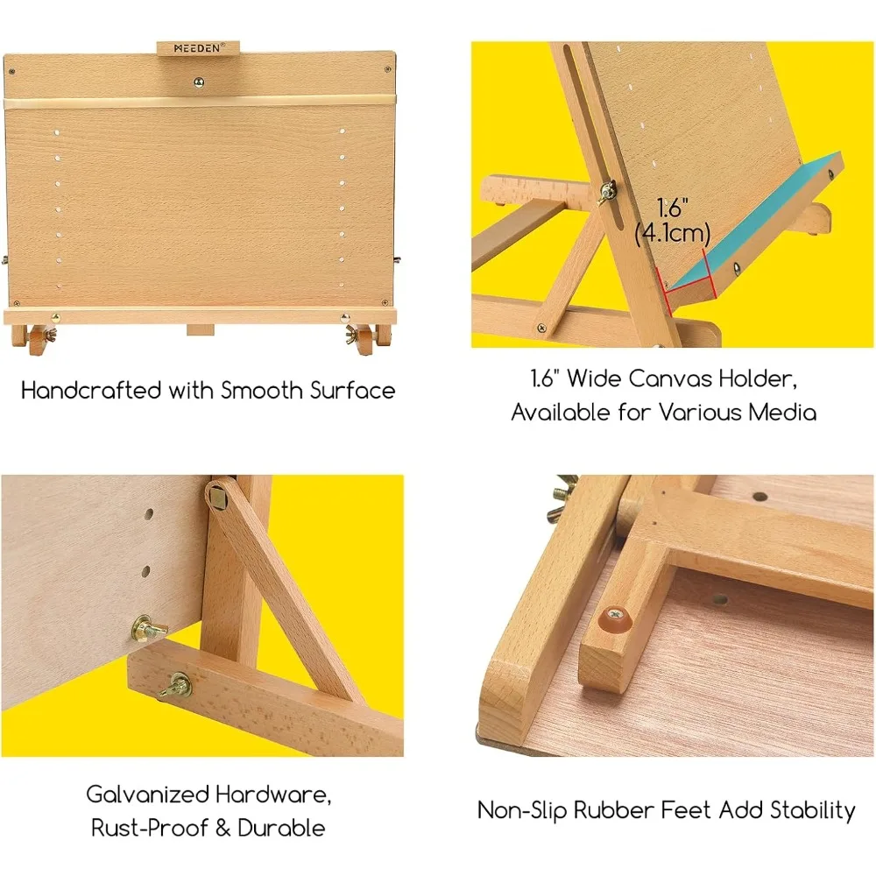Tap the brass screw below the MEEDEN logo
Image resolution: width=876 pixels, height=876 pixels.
pos(198,82)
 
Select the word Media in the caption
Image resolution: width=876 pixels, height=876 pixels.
pos(781,412)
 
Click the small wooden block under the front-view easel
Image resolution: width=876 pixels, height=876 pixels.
pos(201,330)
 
